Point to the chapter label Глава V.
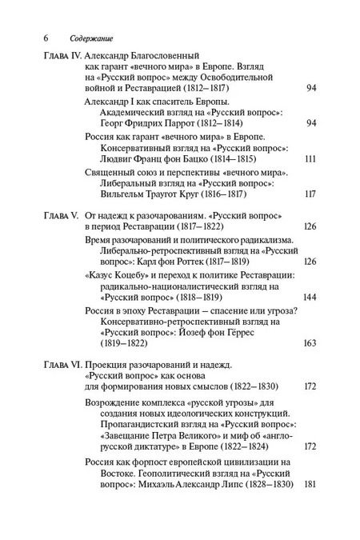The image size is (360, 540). click(61, 217)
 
